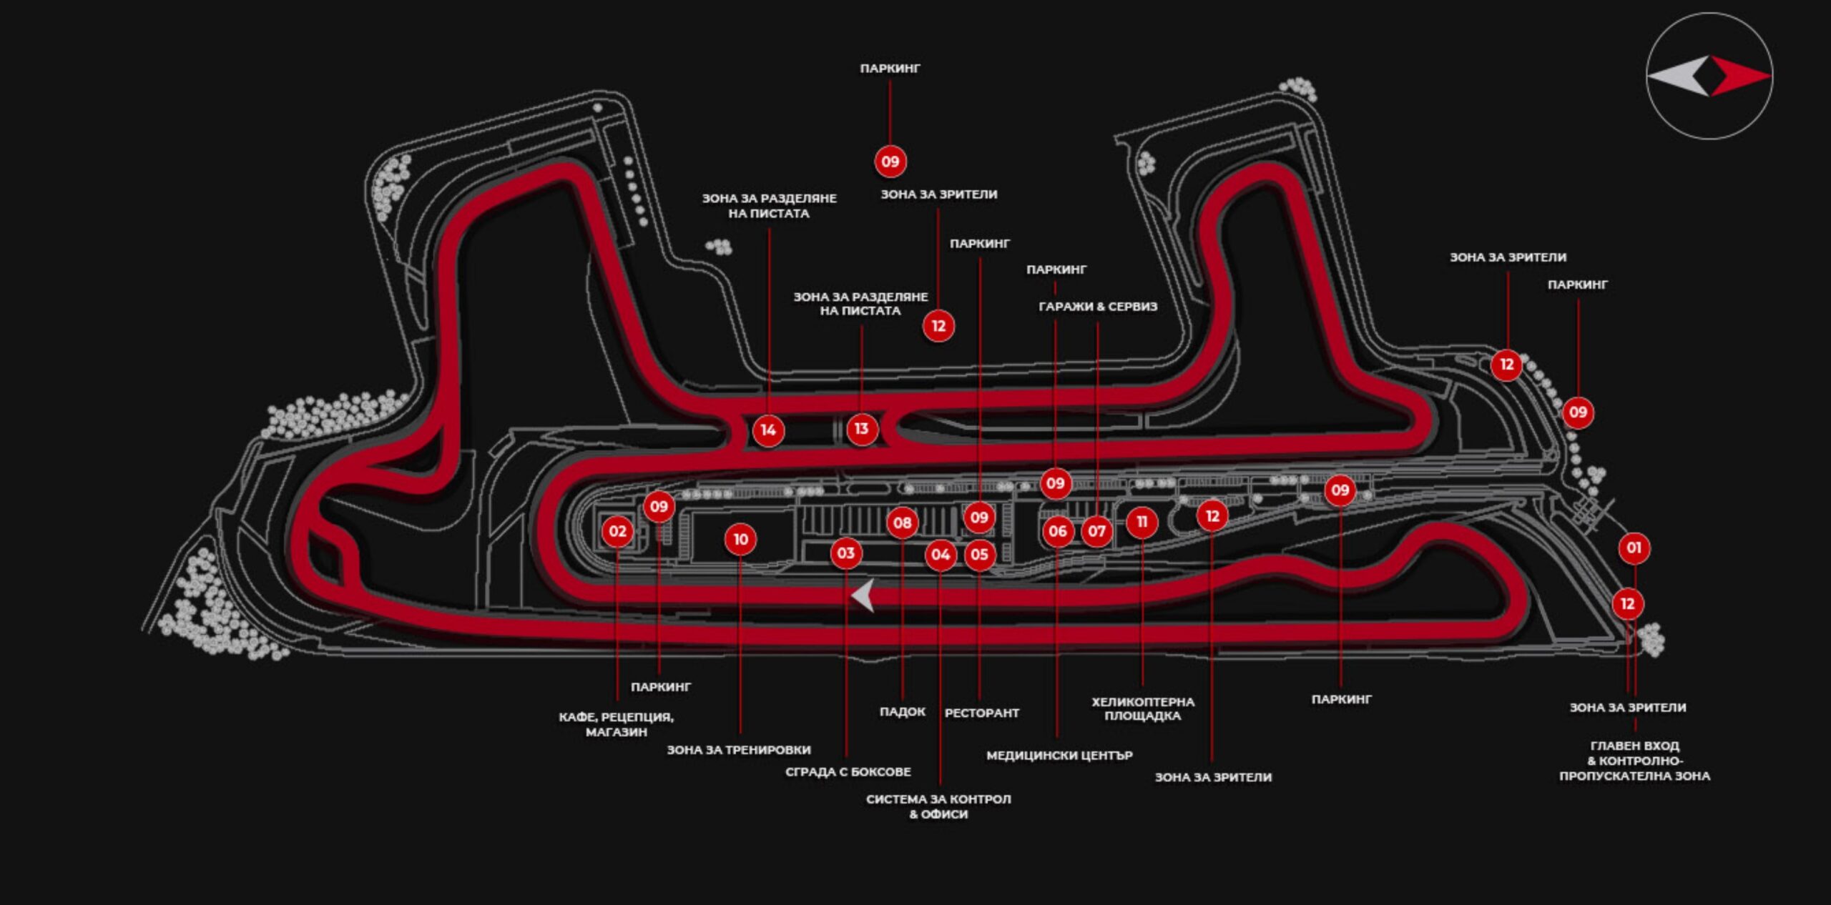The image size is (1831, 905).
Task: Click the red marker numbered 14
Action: click(768, 430)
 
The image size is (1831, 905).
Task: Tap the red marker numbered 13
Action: click(861, 429)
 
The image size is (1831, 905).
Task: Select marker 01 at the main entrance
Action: click(1634, 548)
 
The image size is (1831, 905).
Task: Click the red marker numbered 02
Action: click(617, 531)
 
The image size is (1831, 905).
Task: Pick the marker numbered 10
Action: click(740, 540)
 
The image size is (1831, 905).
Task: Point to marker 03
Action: click(845, 553)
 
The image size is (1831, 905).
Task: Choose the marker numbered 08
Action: click(902, 523)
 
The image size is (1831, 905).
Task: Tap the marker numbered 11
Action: click(1142, 522)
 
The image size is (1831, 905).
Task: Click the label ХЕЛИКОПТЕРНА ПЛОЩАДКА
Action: click(1142, 708)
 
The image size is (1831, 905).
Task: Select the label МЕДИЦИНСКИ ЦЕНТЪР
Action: click(1059, 755)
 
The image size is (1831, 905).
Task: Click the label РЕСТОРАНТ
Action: click(981, 713)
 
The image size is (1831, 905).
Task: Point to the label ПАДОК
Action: click(902, 712)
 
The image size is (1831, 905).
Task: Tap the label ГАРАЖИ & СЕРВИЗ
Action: click(1097, 307)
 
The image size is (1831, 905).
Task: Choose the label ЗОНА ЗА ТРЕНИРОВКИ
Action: click(739, 750)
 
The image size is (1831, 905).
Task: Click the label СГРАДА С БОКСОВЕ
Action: click(848, 772)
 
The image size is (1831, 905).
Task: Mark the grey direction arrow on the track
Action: click(863, 595)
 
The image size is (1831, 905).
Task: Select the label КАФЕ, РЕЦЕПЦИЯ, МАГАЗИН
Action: click(616, 724)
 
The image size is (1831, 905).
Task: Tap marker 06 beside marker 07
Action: click(1058, 531)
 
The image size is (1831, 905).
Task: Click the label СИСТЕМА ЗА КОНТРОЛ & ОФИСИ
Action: click(938, 806)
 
